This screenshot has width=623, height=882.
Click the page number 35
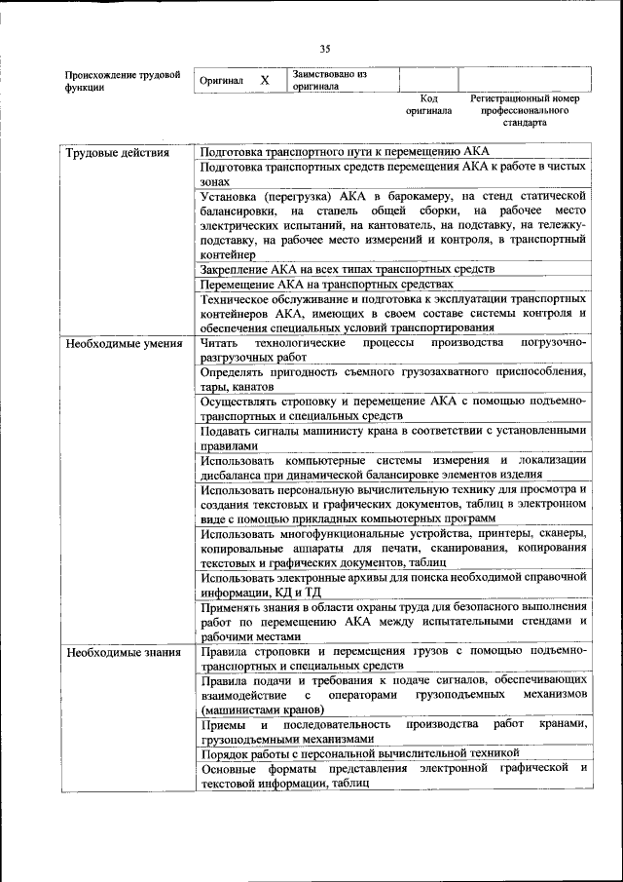pos(325,49)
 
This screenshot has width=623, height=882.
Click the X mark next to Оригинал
pos(264,80)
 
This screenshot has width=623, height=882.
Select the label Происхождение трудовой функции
pos(122,81)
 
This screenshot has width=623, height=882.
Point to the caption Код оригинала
pos(429,105)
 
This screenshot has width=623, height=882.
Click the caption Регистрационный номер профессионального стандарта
pos(525,111)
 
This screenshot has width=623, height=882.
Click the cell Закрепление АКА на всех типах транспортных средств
pos(348,268)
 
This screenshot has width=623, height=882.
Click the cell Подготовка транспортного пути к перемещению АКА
pos(345,152)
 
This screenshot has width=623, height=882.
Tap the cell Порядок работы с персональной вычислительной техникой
pos(369,753)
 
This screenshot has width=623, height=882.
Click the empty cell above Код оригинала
pos(428,80)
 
